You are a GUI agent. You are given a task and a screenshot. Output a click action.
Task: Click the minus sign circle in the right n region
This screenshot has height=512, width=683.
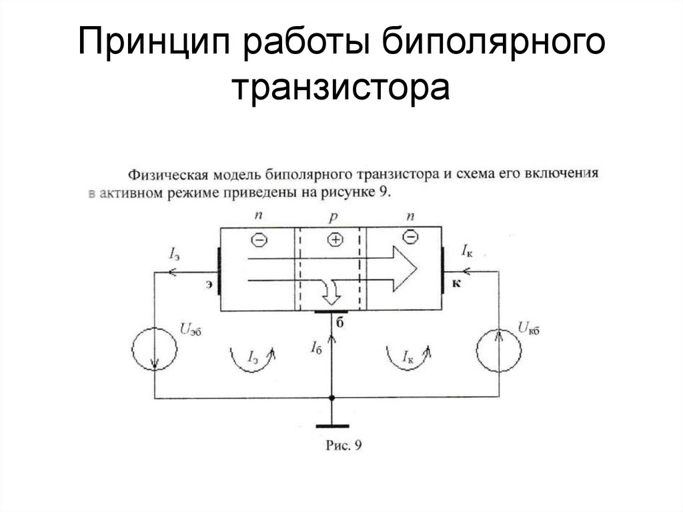(x=412, y=236)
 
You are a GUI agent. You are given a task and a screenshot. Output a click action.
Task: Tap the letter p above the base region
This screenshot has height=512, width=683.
(x=333, y=218)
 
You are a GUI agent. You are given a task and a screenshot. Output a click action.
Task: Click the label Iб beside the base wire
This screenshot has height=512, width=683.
(x=316, y=346)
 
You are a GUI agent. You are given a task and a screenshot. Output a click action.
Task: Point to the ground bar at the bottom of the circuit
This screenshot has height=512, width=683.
(x=331, y=425)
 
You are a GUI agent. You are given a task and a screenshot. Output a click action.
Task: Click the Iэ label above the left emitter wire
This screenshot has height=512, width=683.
(x=175, y=253)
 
